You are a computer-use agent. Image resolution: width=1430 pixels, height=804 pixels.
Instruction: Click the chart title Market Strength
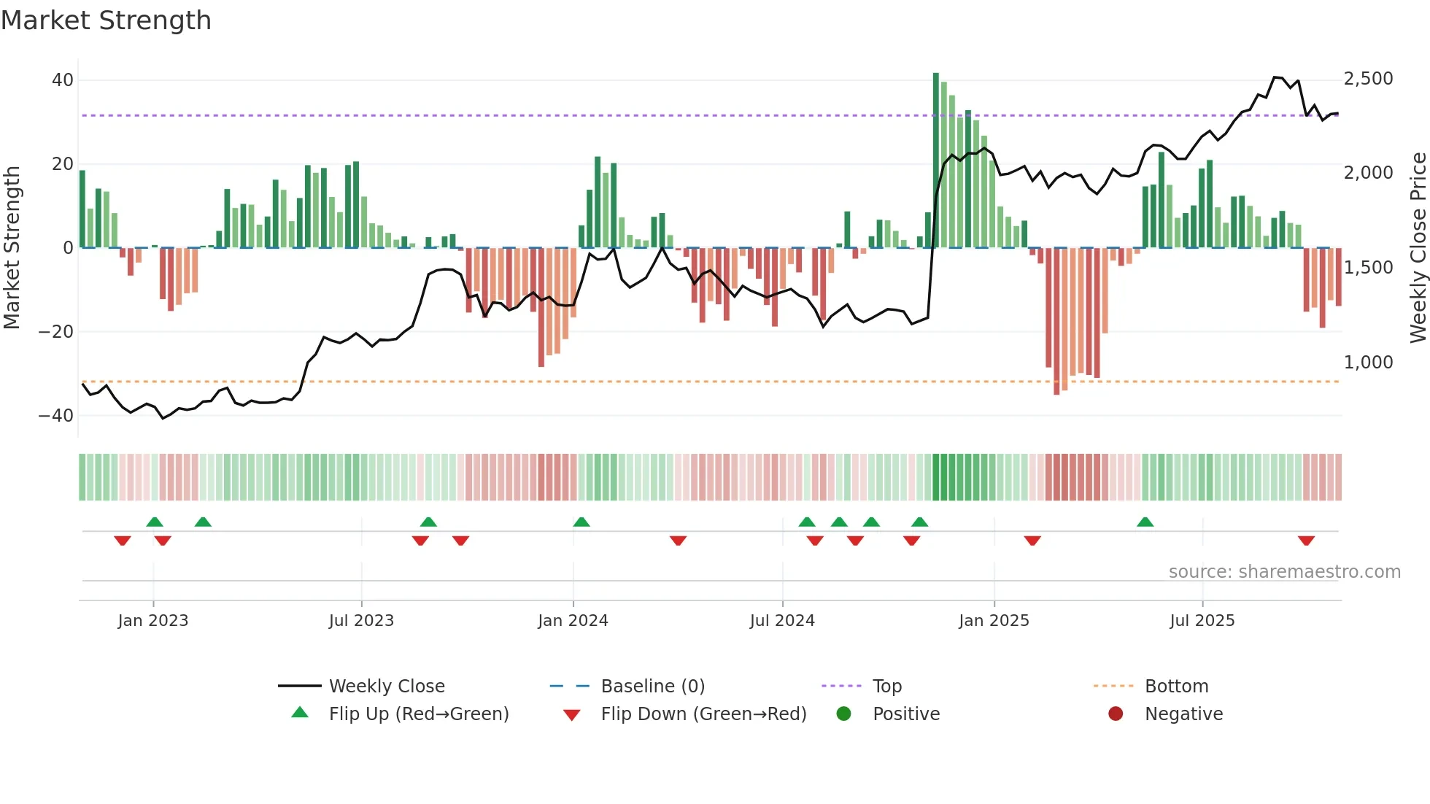[x=106, y=20]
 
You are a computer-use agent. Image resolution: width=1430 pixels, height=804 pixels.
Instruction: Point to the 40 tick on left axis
[x=62, y=80]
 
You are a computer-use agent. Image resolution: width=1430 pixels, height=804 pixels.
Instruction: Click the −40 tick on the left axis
[x=56, y=416]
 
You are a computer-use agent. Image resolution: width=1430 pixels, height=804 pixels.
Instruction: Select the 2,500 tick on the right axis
[x=1368, y=79]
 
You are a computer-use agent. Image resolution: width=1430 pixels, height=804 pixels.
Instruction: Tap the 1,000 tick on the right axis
[x=1368, y=362]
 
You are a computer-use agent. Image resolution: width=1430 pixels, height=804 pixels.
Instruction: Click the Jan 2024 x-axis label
[x=573, y=621]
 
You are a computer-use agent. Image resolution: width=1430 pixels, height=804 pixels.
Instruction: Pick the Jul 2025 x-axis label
[x=1202, y=621]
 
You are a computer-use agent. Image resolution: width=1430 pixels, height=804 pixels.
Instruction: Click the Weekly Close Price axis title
[x=1418, y=248]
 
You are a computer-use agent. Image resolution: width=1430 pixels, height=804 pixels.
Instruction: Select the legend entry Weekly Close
[x=386, y=687]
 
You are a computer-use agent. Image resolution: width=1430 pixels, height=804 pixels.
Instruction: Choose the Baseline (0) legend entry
[x=652, y=687]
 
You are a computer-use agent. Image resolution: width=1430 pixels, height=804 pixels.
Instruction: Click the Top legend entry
[x=886, y=687]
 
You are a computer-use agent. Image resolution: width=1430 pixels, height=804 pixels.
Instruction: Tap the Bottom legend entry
[x=1176, y=687]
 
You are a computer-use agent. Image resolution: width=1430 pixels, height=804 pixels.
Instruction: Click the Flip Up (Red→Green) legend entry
[x=418, y=714]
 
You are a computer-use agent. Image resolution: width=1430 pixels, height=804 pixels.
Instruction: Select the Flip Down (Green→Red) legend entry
[x=703, y=714]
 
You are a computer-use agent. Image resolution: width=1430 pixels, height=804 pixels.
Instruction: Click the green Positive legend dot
[x=843, y=714]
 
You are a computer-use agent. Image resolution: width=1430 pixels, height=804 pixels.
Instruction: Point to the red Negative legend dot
[x=1116, y=714]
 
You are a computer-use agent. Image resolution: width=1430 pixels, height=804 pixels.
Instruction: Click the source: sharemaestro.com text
[x=1284, y=572]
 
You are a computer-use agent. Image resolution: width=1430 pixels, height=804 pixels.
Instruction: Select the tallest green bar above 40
[x=936, y=161]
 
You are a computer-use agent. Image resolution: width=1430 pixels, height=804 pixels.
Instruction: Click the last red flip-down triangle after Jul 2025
[x=1306, y=541]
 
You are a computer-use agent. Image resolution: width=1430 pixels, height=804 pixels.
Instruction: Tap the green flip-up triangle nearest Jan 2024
[x=581, y=522]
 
